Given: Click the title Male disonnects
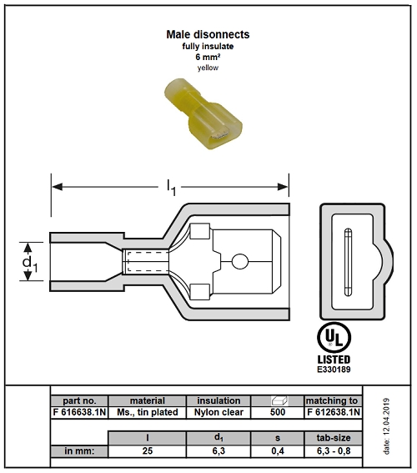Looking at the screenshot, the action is pos(208,34).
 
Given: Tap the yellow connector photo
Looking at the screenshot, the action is pos(203,113).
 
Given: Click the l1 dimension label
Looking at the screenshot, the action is pos(171,188).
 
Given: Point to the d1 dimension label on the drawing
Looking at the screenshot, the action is pos(30,263).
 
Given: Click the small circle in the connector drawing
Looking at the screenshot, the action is pos(240,261).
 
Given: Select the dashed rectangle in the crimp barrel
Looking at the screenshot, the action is pos(148,261).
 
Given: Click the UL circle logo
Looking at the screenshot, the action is pos(334,338).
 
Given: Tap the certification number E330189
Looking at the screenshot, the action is pos(334,370).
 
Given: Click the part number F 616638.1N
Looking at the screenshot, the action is pos(79,412).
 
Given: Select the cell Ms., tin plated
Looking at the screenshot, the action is pos(148,412).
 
